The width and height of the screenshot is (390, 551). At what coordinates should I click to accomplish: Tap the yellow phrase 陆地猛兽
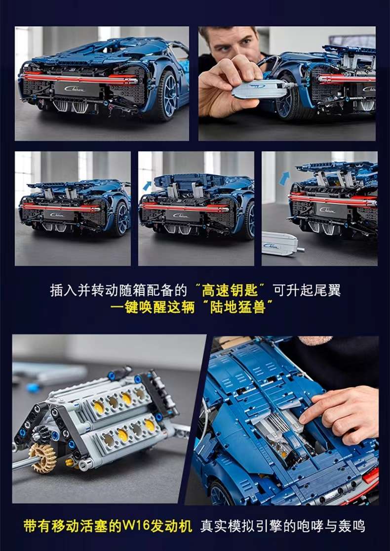[x=241, y=307]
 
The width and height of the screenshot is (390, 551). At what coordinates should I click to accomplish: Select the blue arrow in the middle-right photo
[x=284, y=178]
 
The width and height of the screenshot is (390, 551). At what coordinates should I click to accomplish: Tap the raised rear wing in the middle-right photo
[x=336, y=168]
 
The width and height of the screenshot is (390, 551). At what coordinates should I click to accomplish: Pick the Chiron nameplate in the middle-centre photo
[x=180, y=215]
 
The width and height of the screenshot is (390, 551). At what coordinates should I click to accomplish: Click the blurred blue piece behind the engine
[x=33, y=386]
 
